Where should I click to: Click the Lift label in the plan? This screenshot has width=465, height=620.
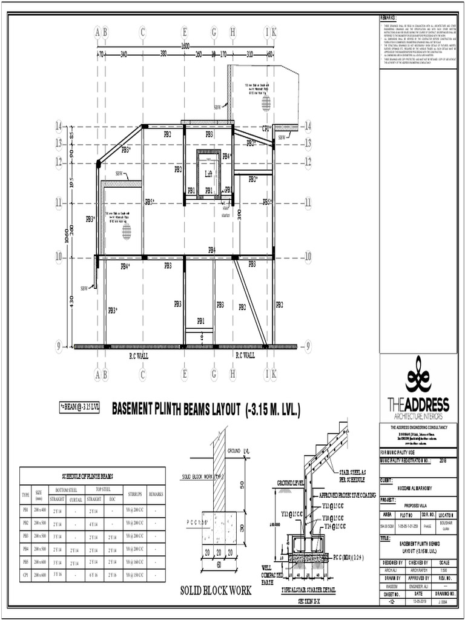(x=208, y=174)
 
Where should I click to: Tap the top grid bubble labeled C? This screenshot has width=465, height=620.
(x=143, y=32)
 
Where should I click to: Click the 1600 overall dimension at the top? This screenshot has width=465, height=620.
(x=185, y=46)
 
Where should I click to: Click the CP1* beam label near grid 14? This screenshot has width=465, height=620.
(x=266, y=129)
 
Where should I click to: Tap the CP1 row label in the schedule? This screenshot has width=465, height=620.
(x=25, y=575)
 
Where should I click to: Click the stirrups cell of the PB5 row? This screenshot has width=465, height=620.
(x=134, y=562)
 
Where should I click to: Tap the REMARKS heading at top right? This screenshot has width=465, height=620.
(x=389, y=18)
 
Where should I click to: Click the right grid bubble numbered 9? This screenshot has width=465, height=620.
(x=308, y=346)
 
